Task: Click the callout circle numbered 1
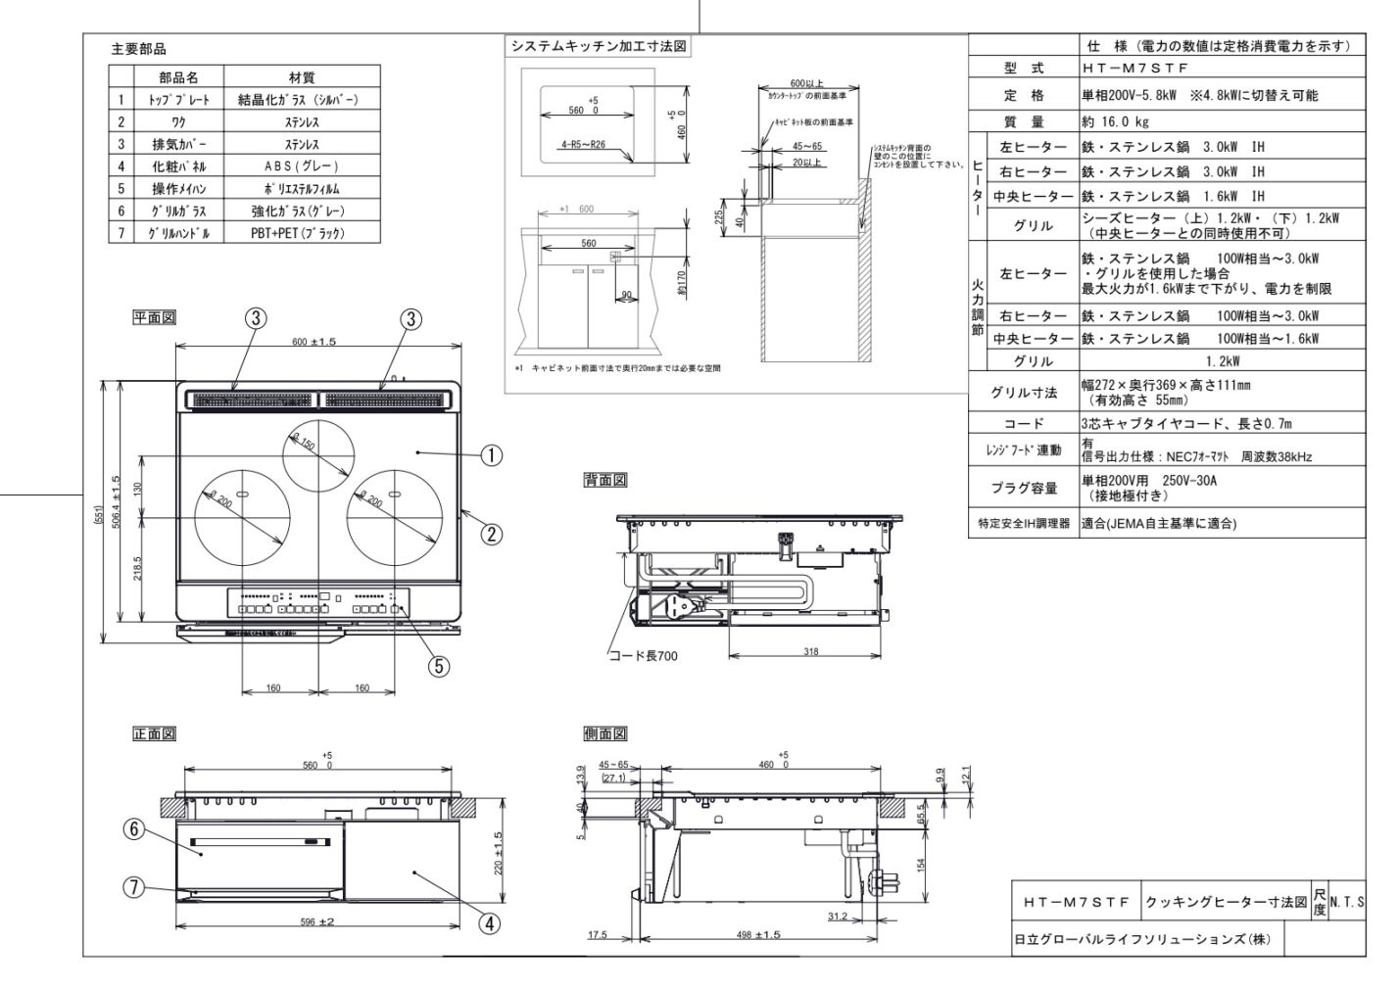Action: [x=491, y=454]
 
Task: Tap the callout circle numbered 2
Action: [x=491, y=534]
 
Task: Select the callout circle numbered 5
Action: [x=440, y=665]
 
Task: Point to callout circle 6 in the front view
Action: [x=134, y=828]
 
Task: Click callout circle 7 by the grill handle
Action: [x=134, y=887]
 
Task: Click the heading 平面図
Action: [x=155, y=317]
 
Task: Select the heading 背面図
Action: [x=605, y=480]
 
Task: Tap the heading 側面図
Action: [x=605, y=734]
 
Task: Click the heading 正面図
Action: [x=155, y=734]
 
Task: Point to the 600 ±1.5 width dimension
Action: [x=314, y=341]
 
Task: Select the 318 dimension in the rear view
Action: [x=810, y=650]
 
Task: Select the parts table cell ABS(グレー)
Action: [x=301, y=166]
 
